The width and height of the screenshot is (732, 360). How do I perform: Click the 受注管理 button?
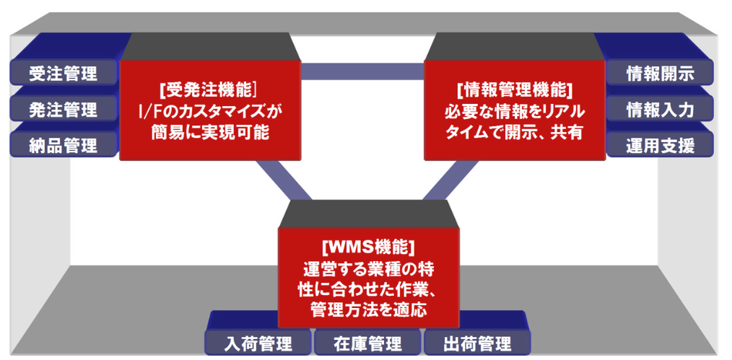point(64,73)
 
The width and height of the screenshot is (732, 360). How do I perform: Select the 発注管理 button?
point(64,109)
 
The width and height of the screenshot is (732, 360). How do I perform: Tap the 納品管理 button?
point(64,145)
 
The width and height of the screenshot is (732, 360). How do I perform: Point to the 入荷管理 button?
point(258,343)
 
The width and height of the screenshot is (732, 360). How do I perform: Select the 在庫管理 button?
point(367,343)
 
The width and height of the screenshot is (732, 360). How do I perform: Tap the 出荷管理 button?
point(476,343)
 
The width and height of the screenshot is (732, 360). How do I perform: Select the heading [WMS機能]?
point(368,246)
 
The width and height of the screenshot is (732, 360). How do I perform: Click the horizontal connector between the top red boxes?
point(362,71)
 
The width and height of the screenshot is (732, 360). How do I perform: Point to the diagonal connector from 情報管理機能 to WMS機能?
point(449,180)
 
